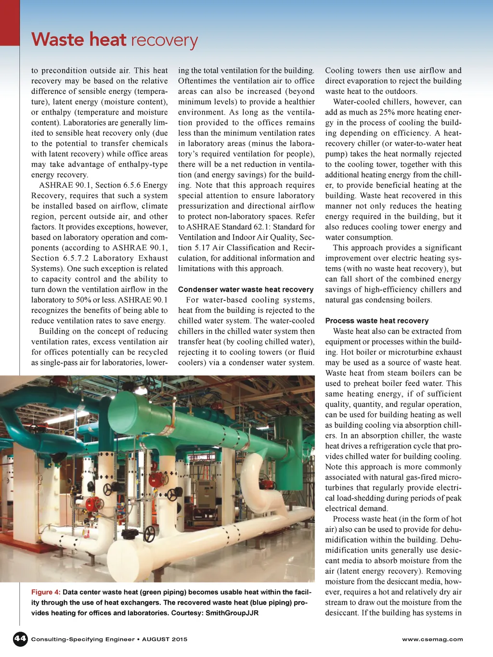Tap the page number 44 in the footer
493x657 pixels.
pyautogui.click(x=20, y=639)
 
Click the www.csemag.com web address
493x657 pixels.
pyautogui.click(x=432, y=639)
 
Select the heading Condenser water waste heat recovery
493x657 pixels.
pyautogui.click(x=246, y=289)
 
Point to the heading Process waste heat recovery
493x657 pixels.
pyautogui.click(x=376, y=321)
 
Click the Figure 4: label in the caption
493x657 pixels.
pyautogui.click(x=46, y=592)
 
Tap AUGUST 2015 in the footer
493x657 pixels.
pyautogui.click(x=165, y=639)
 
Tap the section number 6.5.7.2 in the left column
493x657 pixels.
pyautogui.click(x=76, y=258)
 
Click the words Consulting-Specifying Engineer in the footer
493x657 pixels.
pyautogui.click(x=83, y=639)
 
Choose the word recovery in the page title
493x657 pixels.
pyautogui.click(x=164, y=40)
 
